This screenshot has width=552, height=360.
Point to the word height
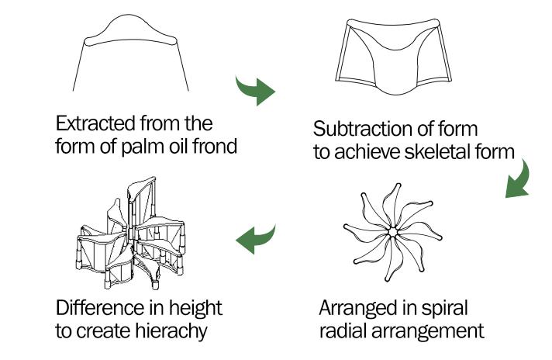click(x=195, y=307)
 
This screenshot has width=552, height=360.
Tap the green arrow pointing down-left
click(x=516, y=181)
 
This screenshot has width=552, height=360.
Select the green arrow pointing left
click(x=257, y=239)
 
